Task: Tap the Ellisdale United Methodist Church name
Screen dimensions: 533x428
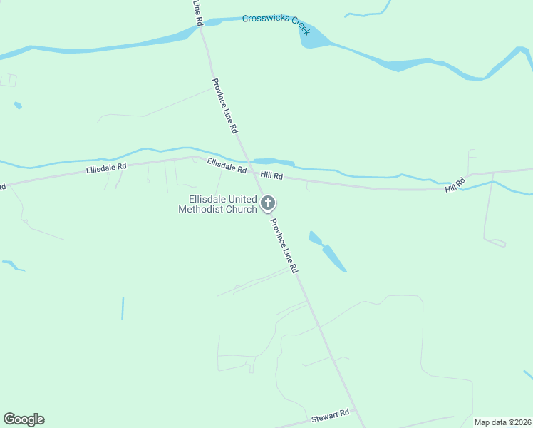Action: coord(217,204)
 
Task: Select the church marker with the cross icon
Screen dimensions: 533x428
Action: coord(268,204)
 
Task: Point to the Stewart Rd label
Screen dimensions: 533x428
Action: coord(331,415)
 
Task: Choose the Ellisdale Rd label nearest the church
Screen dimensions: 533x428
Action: coord(227,166)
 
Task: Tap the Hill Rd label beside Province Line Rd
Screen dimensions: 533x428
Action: coord(271,175)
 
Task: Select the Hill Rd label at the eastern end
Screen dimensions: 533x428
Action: coord(455,185)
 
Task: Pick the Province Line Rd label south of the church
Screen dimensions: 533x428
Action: coord(284,245)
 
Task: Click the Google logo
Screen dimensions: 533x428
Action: coord(24,419)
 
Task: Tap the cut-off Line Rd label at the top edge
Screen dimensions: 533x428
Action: coord(198,13)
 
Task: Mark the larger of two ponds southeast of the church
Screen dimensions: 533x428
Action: coord(333,258)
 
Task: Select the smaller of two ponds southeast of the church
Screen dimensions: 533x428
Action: coord(315,238)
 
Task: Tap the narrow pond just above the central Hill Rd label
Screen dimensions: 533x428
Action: coord(274,162)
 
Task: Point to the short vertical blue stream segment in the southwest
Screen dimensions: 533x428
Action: coord(123,308)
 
